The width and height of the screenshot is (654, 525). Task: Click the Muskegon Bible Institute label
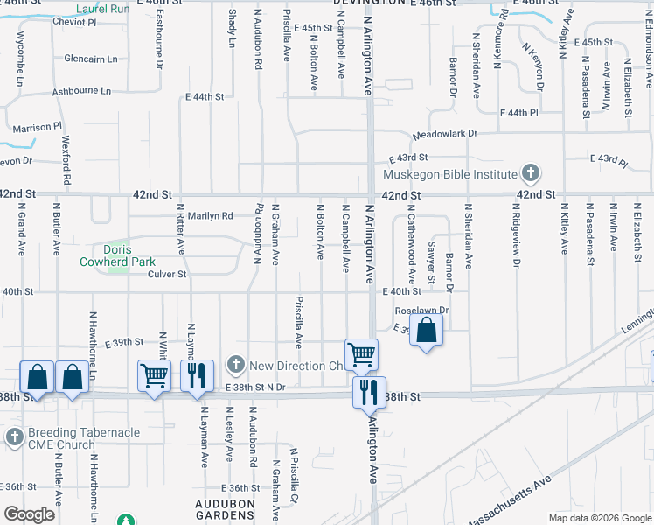click(x=455, y=174)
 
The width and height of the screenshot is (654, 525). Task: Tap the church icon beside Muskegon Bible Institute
click(x=529, y=172)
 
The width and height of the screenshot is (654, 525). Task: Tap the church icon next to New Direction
click(x=235, y=364)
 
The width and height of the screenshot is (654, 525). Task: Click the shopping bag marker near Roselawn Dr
click(x=426, y=331)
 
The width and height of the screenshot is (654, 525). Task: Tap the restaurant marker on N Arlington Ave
click(x=369, y=391)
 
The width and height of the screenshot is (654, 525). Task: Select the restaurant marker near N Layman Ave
click(x=197, y=375)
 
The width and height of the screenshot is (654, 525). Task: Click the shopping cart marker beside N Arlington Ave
click(x=361, y=354)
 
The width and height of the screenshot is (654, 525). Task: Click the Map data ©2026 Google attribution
click(x=599, y=518)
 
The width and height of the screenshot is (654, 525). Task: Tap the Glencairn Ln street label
click(x=91, y=59)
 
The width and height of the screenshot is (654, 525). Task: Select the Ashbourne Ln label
click(x=82, y=91)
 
